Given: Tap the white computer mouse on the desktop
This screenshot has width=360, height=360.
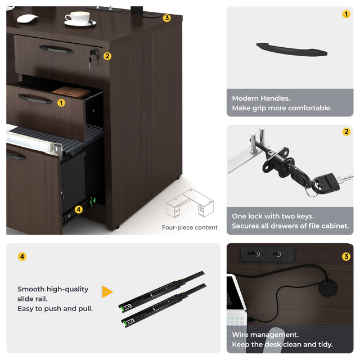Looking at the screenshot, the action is tap(28, 18).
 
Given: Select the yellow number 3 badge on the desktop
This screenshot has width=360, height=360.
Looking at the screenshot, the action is tap(167, 18).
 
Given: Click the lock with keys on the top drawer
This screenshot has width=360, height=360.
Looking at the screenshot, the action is tap(92, 58).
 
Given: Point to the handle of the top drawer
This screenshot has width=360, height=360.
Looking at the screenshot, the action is tap(57, 49).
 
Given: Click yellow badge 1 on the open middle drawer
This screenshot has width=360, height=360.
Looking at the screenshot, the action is tap(61, 103).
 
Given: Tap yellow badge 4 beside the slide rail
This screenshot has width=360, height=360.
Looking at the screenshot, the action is tap(79, 209).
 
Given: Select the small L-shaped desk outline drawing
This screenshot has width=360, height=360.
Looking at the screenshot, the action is tap(190, 203).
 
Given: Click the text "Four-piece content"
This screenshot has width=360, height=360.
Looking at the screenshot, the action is tap(190, 227).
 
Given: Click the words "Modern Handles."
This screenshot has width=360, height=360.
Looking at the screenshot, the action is tap(261, 98).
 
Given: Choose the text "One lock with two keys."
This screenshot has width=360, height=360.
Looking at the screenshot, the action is tap(273, 216).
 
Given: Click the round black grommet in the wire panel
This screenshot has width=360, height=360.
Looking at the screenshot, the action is tap(328, 288).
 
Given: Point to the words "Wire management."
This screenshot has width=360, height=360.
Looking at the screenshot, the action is tap(265, 335).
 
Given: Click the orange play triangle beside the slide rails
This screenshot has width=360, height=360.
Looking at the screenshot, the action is tap(107, 292).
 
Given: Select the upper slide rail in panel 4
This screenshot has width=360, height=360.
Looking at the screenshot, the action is tap(161, 291).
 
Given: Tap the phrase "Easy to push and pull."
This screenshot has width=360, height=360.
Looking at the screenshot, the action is tap(55, 309).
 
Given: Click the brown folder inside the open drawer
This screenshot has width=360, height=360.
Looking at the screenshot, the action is tap(71, 92).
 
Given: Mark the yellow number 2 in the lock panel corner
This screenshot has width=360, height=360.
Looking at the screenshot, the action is tap(346, 132).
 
